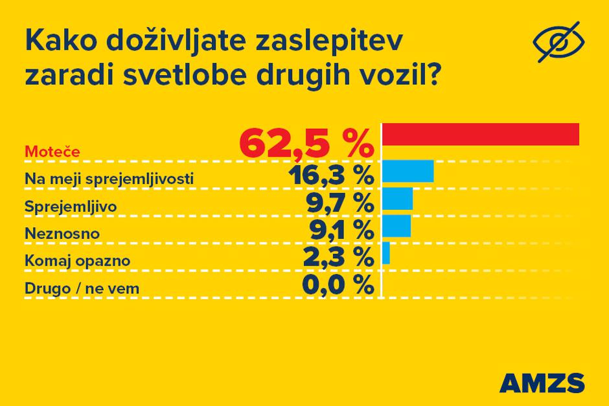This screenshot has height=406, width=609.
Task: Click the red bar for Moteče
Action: (481, 134)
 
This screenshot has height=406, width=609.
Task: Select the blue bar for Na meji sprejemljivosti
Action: (408, 172)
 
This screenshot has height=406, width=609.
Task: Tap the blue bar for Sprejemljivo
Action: (398, 199)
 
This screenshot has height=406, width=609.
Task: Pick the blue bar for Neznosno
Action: (396, 225)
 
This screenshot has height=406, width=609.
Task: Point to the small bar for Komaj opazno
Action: (386, 253)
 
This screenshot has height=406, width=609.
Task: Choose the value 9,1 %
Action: (339, 229)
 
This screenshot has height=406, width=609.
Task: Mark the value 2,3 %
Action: (339, 256)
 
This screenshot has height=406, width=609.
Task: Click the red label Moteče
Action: (52, 152)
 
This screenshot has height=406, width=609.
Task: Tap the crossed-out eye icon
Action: (558, 43)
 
